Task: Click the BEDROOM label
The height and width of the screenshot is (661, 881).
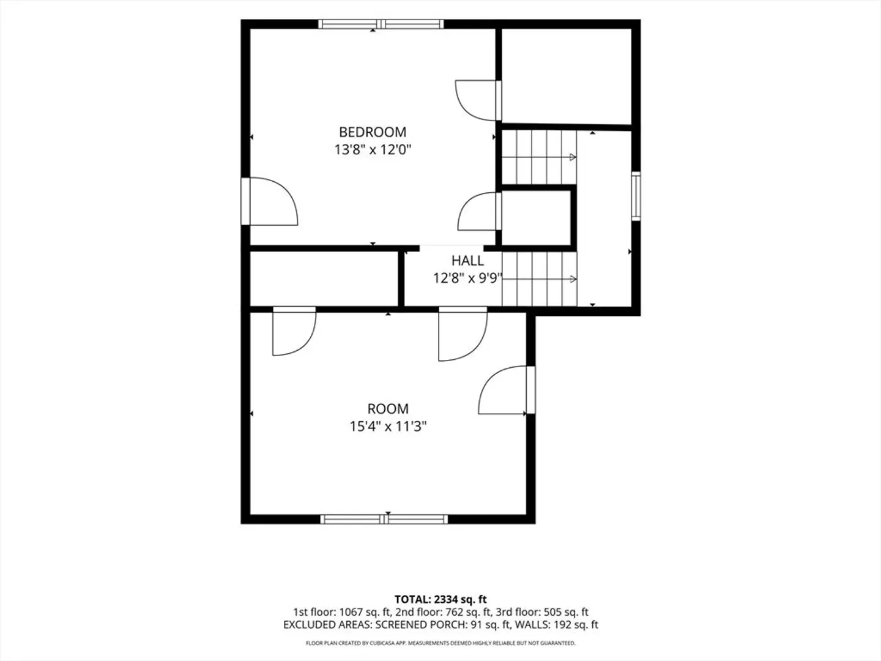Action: (373, 132)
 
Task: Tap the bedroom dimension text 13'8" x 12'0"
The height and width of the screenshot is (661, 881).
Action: (373, 150)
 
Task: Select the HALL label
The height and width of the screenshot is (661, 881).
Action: (467, 261)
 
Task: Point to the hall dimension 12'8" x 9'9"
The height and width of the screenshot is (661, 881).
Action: (467, 278)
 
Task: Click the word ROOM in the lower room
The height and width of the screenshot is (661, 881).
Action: (388, 409)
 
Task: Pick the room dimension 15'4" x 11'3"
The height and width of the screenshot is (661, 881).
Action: (388, 426)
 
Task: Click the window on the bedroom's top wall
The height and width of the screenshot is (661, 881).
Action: (381, 24)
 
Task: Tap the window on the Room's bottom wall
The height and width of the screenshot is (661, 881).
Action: (384, 520)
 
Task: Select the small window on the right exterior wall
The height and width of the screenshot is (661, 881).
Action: (636, 196)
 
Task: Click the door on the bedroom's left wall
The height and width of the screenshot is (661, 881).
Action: (269, 201)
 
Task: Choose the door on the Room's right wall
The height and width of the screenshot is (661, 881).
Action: (507, 390)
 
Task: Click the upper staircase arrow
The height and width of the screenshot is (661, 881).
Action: (539, 157)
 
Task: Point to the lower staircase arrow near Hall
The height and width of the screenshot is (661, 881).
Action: (540, 279)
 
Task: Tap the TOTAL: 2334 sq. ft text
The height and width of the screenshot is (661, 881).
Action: (441, 599)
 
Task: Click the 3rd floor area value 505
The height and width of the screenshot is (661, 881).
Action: (552, 612)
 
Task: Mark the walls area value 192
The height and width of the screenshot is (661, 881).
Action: (561, 624)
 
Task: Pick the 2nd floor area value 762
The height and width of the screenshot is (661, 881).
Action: (450, 612)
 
